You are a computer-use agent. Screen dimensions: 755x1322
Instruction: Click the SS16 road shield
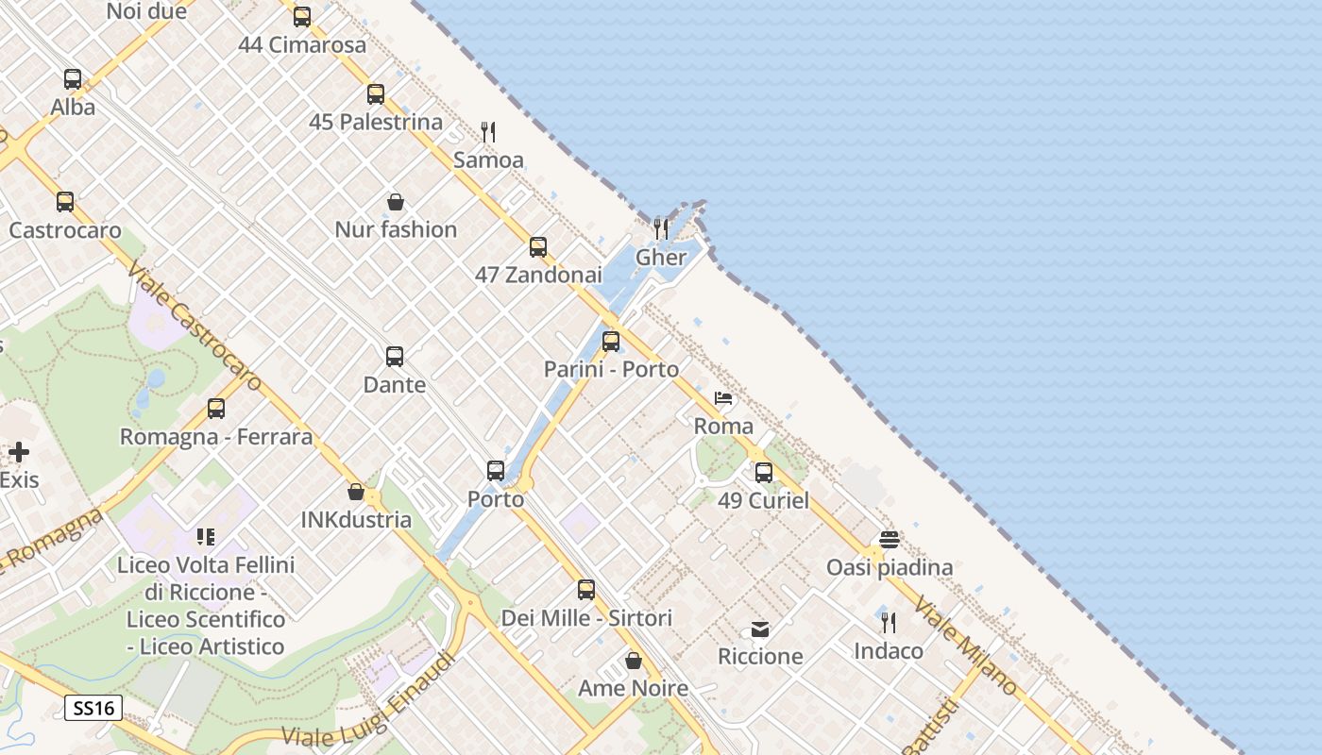coord(94,708)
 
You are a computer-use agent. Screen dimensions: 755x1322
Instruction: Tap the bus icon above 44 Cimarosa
coord(302,16)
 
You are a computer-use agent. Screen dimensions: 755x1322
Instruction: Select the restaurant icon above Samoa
coord(488,131)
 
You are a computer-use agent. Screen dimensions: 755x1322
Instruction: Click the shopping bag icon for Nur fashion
coord(396,202)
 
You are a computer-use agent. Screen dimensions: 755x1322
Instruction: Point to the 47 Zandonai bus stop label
coord(538,275)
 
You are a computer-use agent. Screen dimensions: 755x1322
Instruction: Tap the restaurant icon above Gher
coord(661,228)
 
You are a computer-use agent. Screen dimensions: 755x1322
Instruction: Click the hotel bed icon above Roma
coord(723,398)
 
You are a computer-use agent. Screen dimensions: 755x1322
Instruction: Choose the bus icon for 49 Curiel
coord(763,472)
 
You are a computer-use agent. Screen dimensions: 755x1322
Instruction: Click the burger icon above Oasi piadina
coord(889,540)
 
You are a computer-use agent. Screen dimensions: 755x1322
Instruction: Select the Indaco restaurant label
coord(889,650)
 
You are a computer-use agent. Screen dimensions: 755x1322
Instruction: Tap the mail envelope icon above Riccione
coord(760,629)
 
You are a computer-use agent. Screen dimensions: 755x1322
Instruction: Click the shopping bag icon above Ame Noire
coord(634,661)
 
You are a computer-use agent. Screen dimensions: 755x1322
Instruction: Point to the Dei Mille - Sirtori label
coord(586,618)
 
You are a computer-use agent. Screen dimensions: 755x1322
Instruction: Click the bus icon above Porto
coord(496,470)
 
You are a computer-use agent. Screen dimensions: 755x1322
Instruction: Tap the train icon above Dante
coord(395,357)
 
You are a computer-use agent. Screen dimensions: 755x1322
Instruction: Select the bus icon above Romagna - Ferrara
coord(216,409)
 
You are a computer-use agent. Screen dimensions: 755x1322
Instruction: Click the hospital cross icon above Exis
coord(19,452)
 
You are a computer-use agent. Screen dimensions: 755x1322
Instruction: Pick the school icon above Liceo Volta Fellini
coord(206,537)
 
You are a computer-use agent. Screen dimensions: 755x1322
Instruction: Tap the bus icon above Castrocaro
coord(65,202)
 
